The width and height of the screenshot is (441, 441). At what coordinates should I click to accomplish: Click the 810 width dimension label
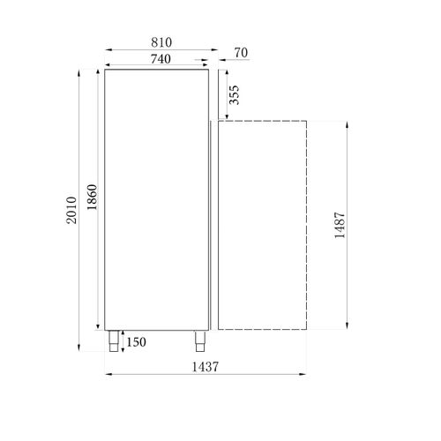pyautogui.click(x=160, y=41)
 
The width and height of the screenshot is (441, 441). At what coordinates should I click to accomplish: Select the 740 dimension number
pyautogui.click(x=160, y=58)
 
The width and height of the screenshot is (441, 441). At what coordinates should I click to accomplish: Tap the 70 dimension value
pyautogui.click(x=241, y=54)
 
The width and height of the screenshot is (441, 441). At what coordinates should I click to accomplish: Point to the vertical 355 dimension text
pyautogui.click(x=235, y=94)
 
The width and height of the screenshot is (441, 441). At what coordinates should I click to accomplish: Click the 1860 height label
pyautogui.click(x=93, y=200)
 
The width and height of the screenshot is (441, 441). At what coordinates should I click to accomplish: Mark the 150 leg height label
pyautogui.click(x=137, y=341)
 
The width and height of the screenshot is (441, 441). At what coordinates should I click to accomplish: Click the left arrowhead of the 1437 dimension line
pyautogui.click(x=108, y=376)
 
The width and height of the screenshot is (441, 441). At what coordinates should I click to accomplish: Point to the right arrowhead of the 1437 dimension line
pyautogui.click(x=304, y=376)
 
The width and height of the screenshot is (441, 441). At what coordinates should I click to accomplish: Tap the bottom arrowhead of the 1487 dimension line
pyautogui.click(x=350, y=330)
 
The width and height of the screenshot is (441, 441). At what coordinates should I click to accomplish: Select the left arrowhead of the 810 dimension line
pyautogui.click(x=108, y=51)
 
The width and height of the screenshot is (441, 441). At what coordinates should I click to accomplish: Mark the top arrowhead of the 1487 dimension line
pyautogui.click(x=350, y=123)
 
